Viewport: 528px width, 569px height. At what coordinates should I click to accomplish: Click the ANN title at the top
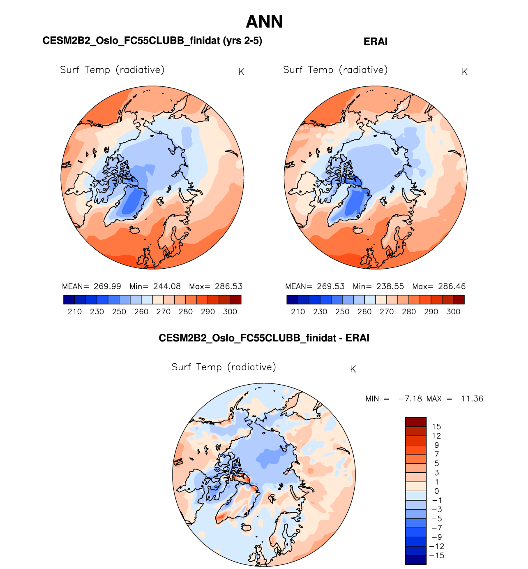(x=264, y=22)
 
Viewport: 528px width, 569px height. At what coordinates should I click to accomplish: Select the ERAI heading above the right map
(x=375, y=42)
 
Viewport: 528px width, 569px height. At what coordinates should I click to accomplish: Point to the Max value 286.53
(x=228, y=286)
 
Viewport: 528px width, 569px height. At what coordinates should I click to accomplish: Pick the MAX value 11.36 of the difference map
(x=472, y=399)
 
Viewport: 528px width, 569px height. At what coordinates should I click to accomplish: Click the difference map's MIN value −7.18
(x=410, y=399)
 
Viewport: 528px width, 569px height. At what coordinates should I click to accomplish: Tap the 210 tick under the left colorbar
(x=74, y=311)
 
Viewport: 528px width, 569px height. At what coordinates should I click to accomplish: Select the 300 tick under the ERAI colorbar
(x=453, y=311)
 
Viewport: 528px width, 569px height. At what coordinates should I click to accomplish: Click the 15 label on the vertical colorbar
(x=436, y=427)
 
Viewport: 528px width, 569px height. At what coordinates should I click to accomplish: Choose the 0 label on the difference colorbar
(x=436, y=491)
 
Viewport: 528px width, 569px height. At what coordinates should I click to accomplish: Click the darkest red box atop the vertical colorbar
(x=415, y=422)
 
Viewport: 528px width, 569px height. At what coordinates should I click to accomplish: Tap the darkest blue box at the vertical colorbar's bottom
(x=415, y=560)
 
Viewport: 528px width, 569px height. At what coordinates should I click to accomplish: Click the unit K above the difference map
(x=353, y=369)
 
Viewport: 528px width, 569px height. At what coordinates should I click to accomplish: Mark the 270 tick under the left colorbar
(x=163, y=311)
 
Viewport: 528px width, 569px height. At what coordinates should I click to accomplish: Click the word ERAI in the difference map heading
(x=357, y=338)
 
